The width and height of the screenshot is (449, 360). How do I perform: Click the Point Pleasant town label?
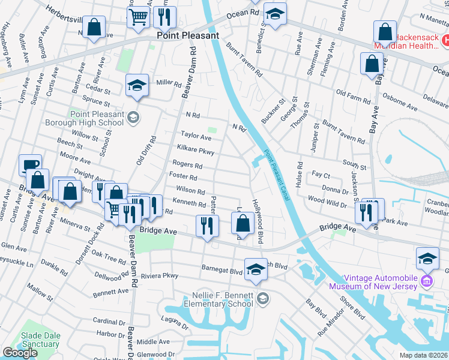188,35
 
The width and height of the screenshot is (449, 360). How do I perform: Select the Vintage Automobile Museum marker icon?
427,281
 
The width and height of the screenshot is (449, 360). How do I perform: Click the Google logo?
20,353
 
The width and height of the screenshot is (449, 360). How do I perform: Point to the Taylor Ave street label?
196,137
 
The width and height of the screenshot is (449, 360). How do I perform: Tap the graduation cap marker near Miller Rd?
137,86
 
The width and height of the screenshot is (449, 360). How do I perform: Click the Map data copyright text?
424,355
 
